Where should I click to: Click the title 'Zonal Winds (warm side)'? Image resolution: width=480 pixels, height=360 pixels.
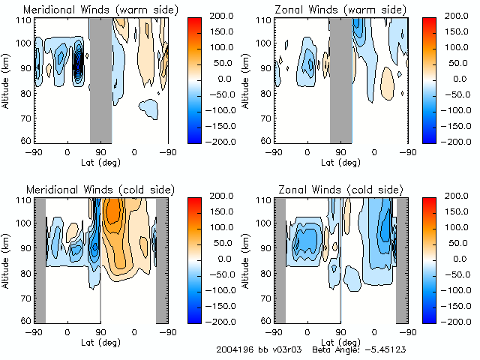340,9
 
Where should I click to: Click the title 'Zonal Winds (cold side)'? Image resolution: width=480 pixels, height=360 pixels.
340,189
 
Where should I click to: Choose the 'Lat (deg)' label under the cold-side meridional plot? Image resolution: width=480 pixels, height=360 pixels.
100,341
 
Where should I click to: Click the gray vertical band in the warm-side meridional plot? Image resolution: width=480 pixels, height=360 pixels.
100,79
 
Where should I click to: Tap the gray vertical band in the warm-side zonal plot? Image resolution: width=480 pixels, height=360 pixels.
340,79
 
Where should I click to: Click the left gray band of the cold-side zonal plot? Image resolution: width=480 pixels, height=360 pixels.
279,259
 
